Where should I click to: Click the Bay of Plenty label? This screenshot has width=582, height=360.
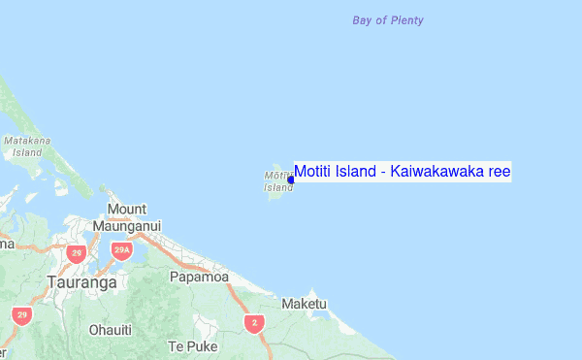[388, 20]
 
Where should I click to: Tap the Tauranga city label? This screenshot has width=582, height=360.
[81, 282]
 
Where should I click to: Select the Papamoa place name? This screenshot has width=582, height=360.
[199, 278]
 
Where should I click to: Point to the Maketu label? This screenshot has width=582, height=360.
[305, 304]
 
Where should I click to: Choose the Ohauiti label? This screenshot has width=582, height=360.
[110, 330]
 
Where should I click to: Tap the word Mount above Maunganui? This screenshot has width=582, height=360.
[127, 209]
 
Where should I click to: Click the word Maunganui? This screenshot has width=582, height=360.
[127, 225]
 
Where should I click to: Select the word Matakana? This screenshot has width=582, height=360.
[27, 142]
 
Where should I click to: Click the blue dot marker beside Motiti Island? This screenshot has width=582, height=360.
[291, 180]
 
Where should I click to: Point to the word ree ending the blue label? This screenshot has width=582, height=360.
[500, 172]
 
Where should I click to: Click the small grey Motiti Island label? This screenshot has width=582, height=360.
[278, 181]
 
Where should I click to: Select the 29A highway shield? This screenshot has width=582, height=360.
[121, 251]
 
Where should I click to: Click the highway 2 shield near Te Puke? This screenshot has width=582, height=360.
[255, 323]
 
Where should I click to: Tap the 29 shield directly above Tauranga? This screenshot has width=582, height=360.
[77, 254]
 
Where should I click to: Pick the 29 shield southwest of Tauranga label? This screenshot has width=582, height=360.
[21, 315]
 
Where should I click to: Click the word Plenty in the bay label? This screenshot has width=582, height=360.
[406, 20]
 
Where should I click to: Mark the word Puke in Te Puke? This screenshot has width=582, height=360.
[201, 346]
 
